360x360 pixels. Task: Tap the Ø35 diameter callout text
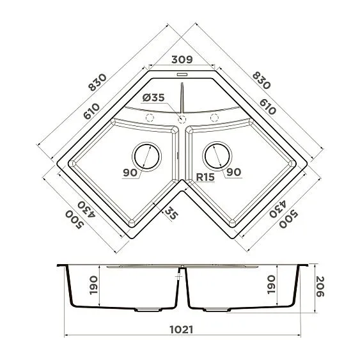pos(153,97)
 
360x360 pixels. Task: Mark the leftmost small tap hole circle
pos(150,118)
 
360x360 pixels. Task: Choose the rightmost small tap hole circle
pos(214,118)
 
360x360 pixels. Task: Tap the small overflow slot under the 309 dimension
pos(181,74)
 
